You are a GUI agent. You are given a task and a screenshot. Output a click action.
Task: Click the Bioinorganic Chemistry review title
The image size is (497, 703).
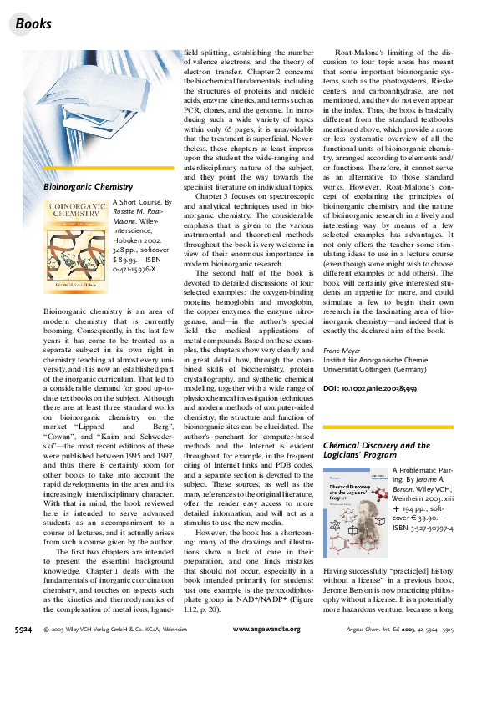coord(88,187)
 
